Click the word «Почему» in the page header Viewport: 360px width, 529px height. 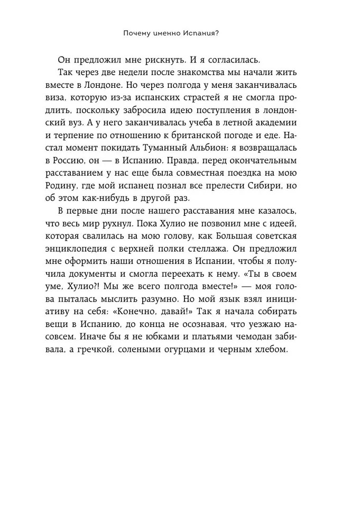[x=135, y=33]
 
